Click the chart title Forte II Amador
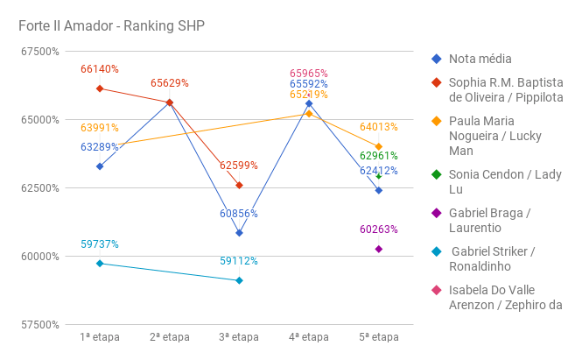(111, 25)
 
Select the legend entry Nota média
(480, 59)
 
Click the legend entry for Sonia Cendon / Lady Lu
(505, 181)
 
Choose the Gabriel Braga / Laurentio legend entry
(489, 220)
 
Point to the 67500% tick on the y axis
(40, 51)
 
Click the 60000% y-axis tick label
(40, 256)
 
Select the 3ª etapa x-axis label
(239, 336)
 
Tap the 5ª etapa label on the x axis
(379, 336)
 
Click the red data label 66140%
(100, 69)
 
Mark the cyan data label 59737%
(100, 244)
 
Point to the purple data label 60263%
(379, 229)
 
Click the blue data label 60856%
(239, 214)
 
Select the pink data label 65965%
(309, 74)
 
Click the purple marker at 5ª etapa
(379, 249)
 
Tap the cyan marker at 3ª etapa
(239, 280)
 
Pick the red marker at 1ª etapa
(100, 88)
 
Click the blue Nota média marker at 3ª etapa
(239, 233)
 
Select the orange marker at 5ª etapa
(379, 146)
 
